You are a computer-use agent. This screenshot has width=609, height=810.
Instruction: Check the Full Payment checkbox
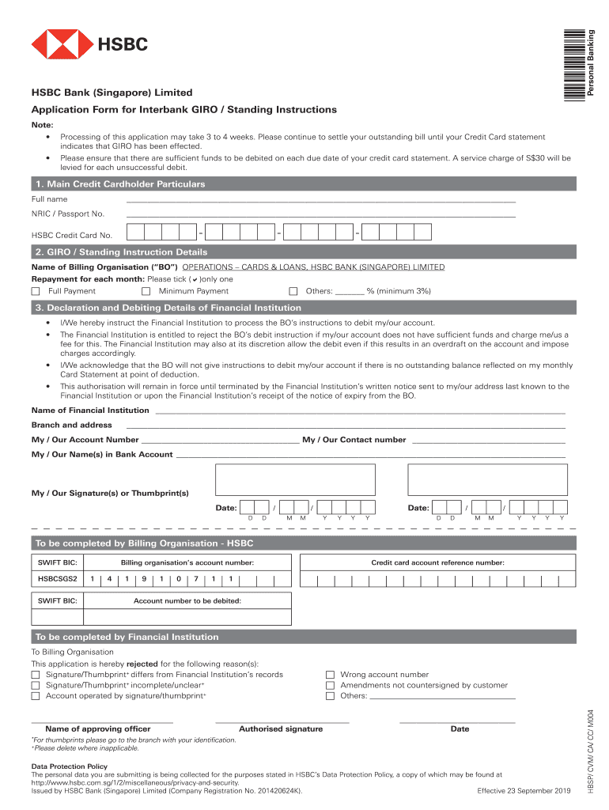[36, 291]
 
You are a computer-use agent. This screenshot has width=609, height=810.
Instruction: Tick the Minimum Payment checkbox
[146, 291]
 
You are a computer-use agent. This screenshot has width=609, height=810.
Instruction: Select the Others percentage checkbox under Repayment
[293, 291]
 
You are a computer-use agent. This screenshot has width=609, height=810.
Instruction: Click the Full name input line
[320, 199]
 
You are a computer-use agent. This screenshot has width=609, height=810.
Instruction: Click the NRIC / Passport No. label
[68, 214]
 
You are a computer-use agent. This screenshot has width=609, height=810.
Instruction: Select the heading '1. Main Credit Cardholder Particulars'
[119, 184]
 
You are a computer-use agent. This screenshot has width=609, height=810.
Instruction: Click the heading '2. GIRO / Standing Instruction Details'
[121, 252]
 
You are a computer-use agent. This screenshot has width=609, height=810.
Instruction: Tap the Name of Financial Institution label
[90, 411]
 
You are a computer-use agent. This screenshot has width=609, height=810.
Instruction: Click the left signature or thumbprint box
[295, 479]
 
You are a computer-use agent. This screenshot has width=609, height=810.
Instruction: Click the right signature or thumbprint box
[487, 479]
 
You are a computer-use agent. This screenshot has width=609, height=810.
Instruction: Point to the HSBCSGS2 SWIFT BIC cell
[58, 579]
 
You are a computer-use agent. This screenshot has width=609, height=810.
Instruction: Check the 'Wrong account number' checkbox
[331, 675]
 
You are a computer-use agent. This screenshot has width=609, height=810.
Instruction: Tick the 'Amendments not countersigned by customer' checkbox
[331, 686]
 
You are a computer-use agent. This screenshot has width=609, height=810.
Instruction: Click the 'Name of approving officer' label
[98, 729]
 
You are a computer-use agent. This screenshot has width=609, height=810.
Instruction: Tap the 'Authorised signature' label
[281, 729]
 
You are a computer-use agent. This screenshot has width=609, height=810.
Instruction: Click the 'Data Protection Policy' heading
[69, 766]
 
